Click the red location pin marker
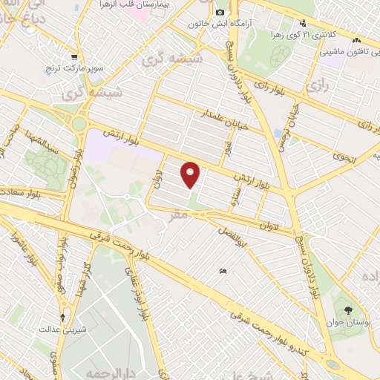click(191, 174)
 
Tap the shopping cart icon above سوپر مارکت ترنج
click(73, 56)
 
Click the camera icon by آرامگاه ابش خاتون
click(220, 13)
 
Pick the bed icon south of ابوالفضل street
click(223, 271)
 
